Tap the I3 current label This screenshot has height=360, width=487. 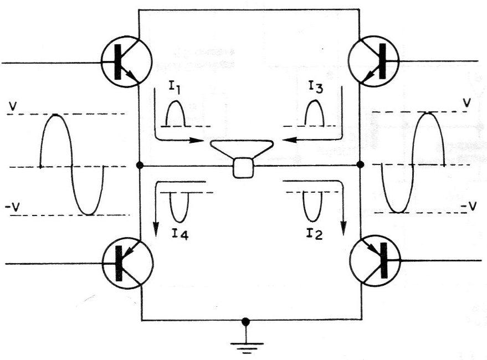316,88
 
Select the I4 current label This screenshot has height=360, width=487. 180,234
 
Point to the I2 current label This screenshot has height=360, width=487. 314,233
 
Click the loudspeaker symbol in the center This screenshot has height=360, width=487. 243,159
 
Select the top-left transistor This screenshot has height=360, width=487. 127,61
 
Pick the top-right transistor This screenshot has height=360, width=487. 374,60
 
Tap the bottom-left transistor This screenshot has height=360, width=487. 128,263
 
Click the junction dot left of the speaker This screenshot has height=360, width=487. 140,165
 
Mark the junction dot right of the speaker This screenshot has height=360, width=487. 360,164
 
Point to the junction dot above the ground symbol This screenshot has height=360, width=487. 245,322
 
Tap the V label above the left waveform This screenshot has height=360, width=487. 13,106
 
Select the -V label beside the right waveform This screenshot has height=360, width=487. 468,205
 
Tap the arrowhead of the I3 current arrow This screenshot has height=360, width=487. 289,140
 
